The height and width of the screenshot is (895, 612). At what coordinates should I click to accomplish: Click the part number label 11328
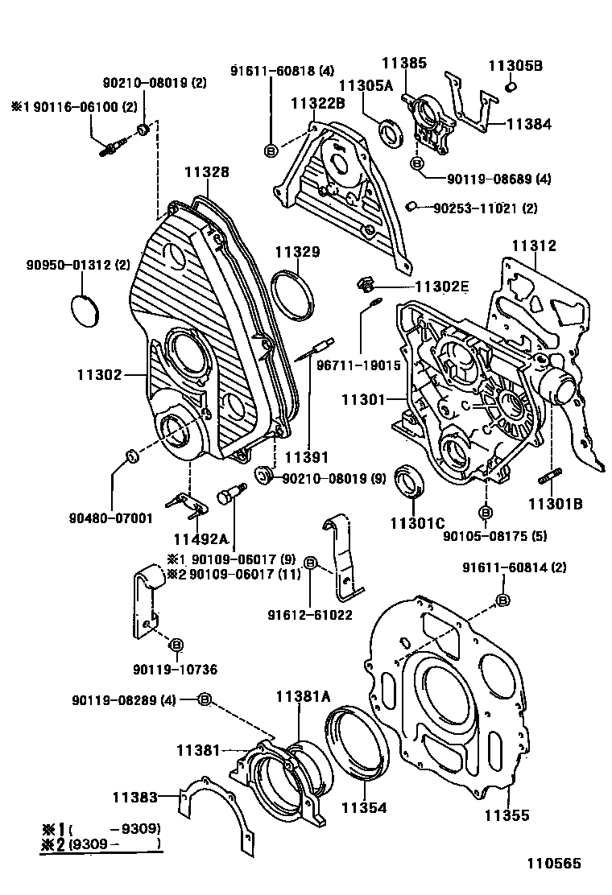206,171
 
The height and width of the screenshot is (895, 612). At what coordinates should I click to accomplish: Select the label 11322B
318,102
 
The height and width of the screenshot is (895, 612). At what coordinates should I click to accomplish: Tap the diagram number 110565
554,864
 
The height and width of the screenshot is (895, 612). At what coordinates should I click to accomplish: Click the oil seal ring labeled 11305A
393,132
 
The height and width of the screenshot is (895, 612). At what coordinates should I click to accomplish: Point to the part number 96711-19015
358,365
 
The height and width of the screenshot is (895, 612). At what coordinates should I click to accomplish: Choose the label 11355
507,815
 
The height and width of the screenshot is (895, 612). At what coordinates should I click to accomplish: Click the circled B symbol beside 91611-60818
271,150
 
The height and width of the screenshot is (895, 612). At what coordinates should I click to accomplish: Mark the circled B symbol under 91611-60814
502,600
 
